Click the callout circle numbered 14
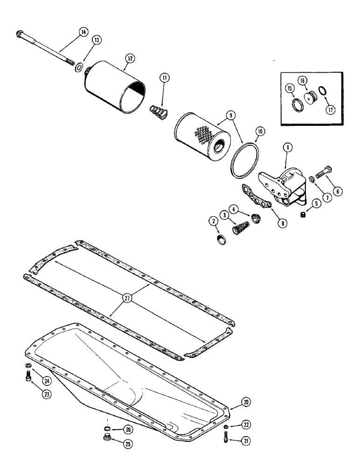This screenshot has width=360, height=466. click(x=83, y=32)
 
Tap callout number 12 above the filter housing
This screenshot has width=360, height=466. click(x=129, y=59)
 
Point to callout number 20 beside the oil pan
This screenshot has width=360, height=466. click(x=245, y=401)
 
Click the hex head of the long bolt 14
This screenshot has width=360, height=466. click(x=21, y=34)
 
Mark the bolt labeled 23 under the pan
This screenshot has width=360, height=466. click(x=29, y=376)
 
